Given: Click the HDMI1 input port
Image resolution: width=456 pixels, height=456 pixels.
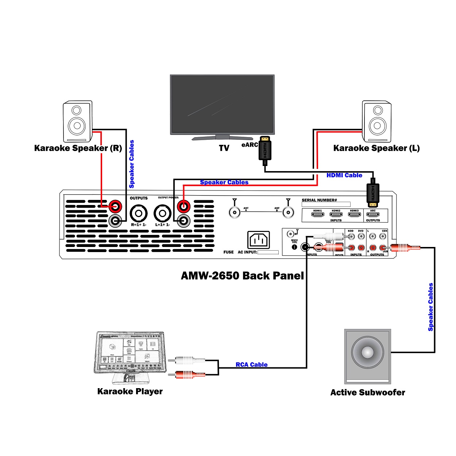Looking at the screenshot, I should coord(317,215).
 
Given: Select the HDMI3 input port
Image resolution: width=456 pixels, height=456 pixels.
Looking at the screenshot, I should coord(354,215).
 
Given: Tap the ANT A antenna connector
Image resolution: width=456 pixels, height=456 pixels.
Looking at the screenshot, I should coord(235,212).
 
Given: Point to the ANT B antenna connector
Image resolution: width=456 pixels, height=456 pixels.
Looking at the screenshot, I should coord(288,212).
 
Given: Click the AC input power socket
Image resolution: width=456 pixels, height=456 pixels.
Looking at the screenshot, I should coord(259,240).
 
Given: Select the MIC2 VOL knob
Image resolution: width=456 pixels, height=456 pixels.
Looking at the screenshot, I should coord(294,247).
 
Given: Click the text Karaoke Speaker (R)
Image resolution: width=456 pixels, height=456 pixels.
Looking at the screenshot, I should coord(78,148).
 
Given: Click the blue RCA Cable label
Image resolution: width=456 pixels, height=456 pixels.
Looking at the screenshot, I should coord(251,364).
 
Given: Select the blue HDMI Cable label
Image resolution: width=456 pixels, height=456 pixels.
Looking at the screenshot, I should coord(344,175).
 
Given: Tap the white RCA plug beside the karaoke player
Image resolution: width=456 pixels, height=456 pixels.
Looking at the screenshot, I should coord(190,360).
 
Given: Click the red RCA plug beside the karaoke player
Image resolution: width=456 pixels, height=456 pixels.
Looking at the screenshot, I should coord(190,374).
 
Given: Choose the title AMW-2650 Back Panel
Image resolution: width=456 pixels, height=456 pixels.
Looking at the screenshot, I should coord(242,275).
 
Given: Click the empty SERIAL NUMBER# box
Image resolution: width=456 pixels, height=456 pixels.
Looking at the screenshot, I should coord(326,204).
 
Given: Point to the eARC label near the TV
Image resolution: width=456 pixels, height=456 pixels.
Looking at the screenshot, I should coord(250,145).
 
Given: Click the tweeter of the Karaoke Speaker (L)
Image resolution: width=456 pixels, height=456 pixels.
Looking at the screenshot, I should coord(378,110).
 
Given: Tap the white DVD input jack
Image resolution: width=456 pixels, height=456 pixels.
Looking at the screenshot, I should coord(361,236).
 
